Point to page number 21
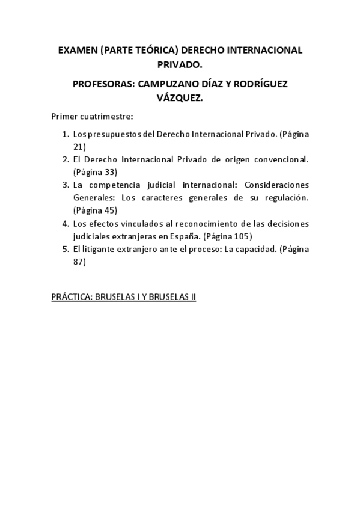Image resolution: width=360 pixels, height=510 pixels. (79, 146)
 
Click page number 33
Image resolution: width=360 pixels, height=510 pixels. (109, 172)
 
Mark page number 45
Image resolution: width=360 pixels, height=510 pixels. (109, 210)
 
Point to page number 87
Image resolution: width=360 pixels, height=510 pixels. (79, 262)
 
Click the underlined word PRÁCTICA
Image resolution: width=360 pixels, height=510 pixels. (72, 298)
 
